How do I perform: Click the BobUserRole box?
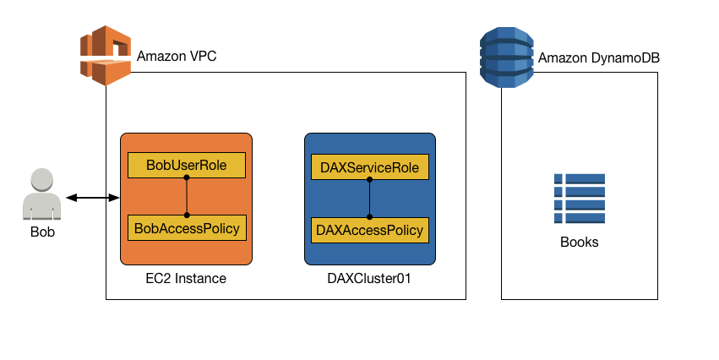(186, 166)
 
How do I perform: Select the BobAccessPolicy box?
(186, 227)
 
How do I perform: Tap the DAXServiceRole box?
(370, 167)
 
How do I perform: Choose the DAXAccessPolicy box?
(370, 229)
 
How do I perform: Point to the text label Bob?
(42, 232)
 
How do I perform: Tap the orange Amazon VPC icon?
(106, 56)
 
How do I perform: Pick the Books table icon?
(579, 199)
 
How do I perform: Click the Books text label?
(579, 242)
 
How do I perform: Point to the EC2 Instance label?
(186, 278)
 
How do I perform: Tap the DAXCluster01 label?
(370, 278)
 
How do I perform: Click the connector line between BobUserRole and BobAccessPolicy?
(187, 197)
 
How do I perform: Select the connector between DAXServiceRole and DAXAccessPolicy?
(370, 199)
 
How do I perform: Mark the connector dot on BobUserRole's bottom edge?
(187, 178)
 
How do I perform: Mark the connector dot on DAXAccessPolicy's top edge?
(370, 217)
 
